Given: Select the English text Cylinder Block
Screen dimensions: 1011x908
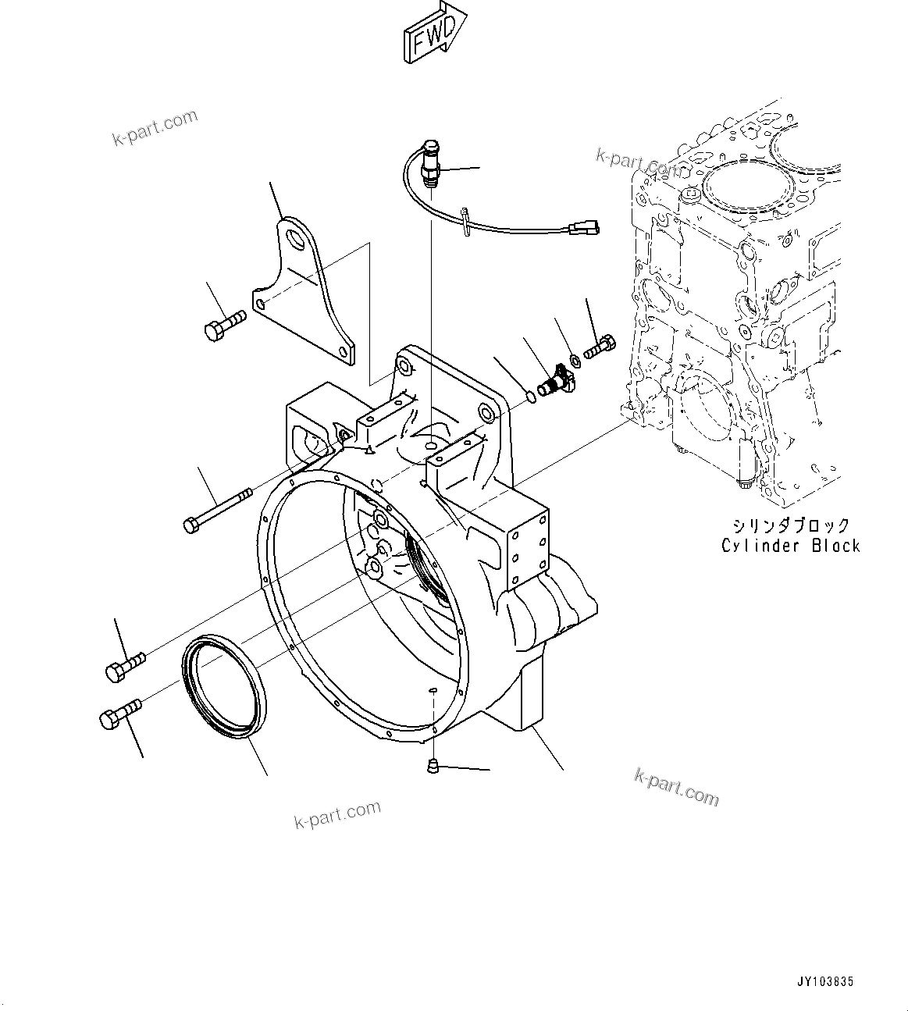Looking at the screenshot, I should coord(790,546).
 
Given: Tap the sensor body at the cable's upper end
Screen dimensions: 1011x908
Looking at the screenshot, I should coord(429,163).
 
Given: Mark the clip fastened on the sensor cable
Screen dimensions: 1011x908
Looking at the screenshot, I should coord(466,219).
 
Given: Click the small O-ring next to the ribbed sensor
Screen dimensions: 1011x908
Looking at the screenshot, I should coord(531,397).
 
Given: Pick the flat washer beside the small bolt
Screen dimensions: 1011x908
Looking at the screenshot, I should coord(575,359).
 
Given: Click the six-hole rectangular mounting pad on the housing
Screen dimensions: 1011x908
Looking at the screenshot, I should coord(526,547).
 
